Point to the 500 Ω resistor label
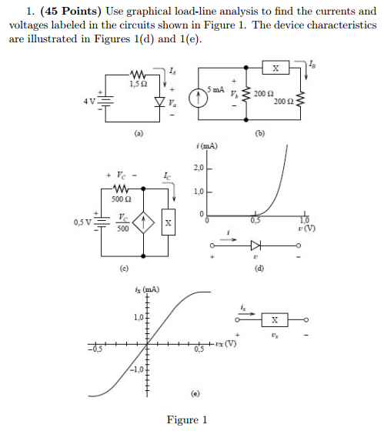pos(120,199)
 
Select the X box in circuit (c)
pos(169,223)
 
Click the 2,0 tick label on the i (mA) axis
pos(197,168)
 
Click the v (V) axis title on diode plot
pos(309,228)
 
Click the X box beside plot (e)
pos(275,319)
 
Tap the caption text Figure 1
pos(188,419)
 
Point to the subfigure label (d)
pos(259,266)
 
